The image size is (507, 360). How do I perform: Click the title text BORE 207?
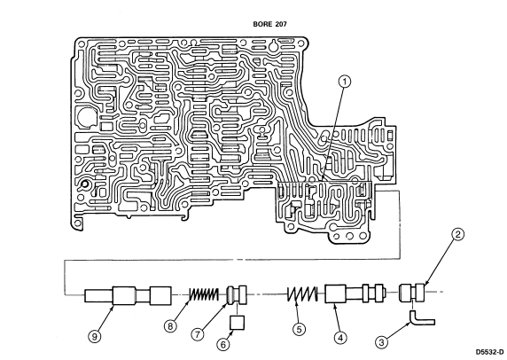(269, 24)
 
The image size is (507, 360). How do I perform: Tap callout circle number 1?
(345, 82)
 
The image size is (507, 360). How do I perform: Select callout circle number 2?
(457, 234)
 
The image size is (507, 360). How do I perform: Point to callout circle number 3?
(381, 342)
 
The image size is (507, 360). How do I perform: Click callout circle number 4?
(339, 338)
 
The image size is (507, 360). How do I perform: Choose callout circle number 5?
(299, 329)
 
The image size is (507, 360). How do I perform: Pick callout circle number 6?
(223, 344)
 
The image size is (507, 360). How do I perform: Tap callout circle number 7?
(198, 334)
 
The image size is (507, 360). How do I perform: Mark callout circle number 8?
(170, 326)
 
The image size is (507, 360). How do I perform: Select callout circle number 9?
(95, 337)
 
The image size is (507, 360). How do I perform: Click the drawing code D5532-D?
(489, 352)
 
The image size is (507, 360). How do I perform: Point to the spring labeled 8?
(204, 294)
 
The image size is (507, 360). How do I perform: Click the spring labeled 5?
(302, 294)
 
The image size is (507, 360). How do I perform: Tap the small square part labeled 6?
(237, 323)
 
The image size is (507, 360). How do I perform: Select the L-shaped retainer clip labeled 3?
(421, 320)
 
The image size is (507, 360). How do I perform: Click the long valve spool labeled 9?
(128, 295)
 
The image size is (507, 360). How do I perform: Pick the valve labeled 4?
(355, 293)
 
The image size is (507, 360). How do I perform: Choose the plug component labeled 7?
(237, 294)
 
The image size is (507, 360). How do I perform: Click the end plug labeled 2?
(412, 293)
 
